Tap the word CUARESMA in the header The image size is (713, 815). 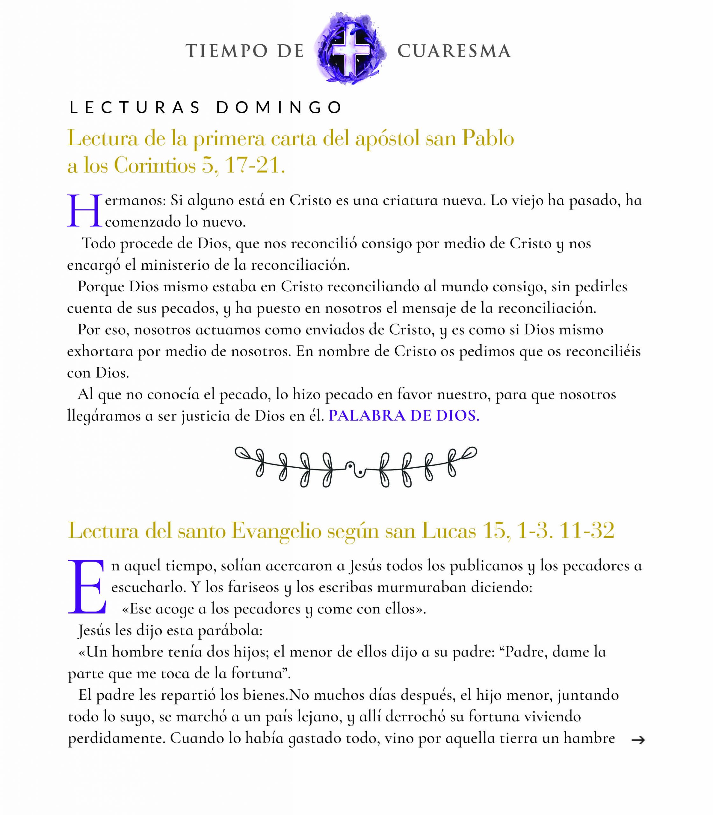coord(454,51)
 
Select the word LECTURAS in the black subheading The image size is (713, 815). coord(135,108)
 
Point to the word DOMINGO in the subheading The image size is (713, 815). coord(279,108)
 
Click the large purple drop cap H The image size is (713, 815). coord(84,211)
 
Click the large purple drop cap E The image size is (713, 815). coord(87,587)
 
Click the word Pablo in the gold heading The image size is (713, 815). coord(488,139)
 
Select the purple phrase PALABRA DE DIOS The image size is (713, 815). coord(404,416)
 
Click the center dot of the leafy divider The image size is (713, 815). coord(360,472)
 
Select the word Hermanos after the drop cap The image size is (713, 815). coord(135,201)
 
